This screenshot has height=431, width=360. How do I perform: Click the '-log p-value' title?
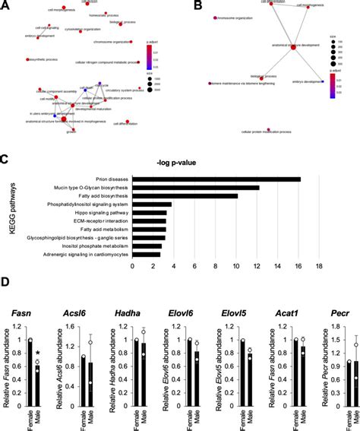[x=226, y=162]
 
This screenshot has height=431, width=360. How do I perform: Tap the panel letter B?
[x=198, y=6]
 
